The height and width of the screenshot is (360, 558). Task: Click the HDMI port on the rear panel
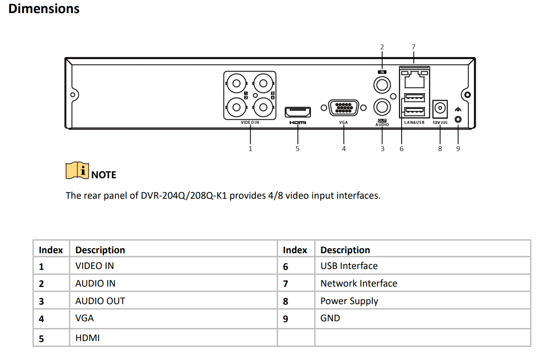pos(297,111)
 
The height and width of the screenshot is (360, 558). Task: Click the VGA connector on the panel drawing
pos(343,108)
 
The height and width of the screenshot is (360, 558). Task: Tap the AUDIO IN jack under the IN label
pos(382,84)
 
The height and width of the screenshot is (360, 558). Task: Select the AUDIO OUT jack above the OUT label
pos(382,107)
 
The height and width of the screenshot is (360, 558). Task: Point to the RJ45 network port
pos(414,80)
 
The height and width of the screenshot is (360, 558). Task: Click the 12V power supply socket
pos(439,108)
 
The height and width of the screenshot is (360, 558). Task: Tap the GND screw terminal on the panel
pos(458,119)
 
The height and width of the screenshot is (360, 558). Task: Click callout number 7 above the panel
pos(413,46)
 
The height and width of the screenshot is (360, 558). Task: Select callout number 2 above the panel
pos(382,46)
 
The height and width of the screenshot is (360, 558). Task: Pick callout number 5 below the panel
pos(297,148)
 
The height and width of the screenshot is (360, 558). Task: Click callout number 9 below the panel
pos(458,148)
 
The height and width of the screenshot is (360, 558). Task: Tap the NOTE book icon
pos(77,171)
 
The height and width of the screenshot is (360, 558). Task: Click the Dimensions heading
pos(44,9)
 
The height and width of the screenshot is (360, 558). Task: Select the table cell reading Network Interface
pos(359,283)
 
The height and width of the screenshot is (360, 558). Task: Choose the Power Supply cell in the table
pos(349,301)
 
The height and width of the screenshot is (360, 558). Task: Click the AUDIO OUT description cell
pos(100,301)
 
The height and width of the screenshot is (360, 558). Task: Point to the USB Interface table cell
pos(349,266)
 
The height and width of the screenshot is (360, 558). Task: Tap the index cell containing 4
pos(41,319)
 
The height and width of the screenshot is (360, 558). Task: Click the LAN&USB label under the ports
pos(414,123)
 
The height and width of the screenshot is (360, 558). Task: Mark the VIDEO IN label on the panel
pos(250,123)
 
